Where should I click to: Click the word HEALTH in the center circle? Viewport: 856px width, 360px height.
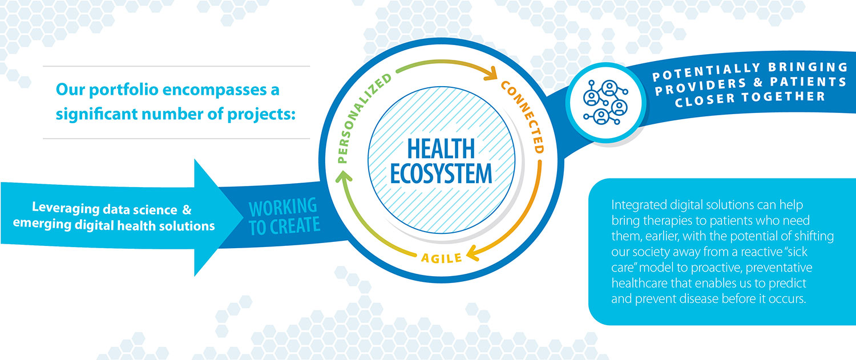coord(441,149)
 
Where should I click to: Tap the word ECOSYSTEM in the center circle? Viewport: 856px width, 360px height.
coord(441,174)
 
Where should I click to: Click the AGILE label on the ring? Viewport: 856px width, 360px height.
coord(441,258)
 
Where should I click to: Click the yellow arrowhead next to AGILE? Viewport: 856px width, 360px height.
coord(473,253)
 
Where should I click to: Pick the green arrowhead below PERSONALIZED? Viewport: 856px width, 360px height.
coord(344,176)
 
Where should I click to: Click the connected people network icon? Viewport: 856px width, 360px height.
coord(605,102)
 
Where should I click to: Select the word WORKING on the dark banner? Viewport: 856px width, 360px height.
coord(283,207)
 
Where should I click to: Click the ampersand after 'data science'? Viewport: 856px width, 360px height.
coord(187,209)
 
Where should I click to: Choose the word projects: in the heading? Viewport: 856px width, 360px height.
coord(261,115)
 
